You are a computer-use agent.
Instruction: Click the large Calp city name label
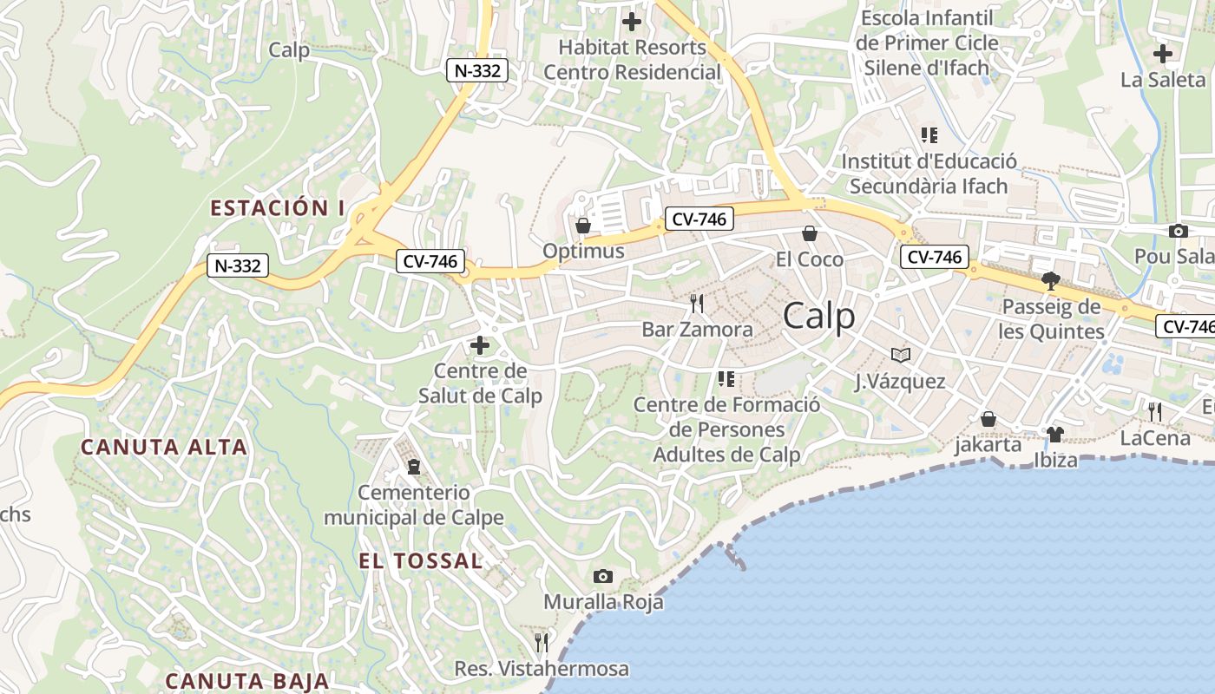click(818, 317)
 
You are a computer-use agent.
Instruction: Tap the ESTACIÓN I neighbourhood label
click(278, 208)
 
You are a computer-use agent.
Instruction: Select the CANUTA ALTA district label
click(164, 448)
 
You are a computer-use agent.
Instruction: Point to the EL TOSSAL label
click(421, 561)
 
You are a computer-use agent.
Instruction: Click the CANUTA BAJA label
click(247, 681)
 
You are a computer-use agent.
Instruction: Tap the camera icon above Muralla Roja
click(602, 576)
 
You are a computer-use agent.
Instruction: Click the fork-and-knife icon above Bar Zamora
click(697, 303)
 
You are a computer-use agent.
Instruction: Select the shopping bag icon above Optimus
click(583, 226)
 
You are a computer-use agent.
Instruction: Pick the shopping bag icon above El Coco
click(810, 233)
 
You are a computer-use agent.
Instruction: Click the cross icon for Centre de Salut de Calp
click(479, 345)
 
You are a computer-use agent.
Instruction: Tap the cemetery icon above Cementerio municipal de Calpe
click(414, 467)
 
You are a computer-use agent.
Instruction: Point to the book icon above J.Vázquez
click(901, 355)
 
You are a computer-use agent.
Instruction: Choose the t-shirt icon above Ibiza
click(1054, 434)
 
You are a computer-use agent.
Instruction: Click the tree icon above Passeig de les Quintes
click(1051, 280)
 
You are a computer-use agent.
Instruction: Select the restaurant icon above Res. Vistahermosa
click(542, 643)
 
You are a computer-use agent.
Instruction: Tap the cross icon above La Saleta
click(1163, 54)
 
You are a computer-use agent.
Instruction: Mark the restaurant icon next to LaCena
click(1155, 411)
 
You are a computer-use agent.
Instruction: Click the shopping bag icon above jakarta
click(988, 419)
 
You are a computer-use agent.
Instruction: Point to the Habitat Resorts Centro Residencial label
click(632, 59)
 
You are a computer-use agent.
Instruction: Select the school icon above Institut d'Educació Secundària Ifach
click(929, 135)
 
